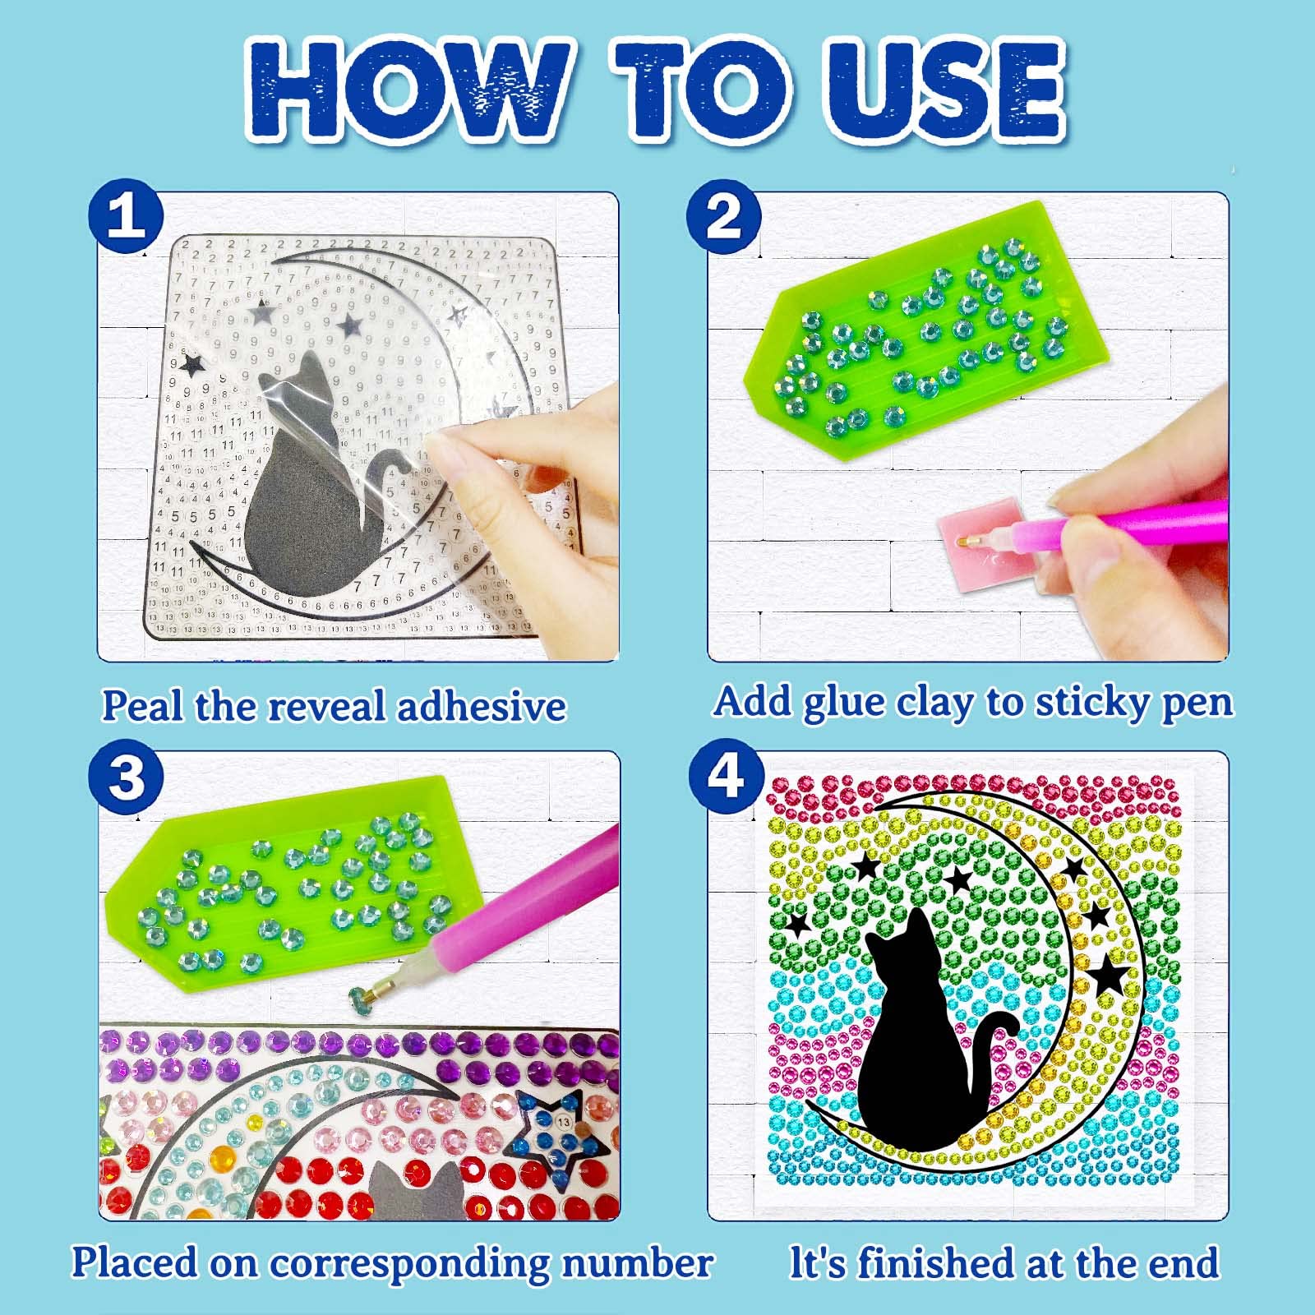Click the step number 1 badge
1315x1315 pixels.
click(126, 217)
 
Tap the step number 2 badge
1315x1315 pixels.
click(723, 217)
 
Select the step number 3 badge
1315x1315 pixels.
click(126, 776)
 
